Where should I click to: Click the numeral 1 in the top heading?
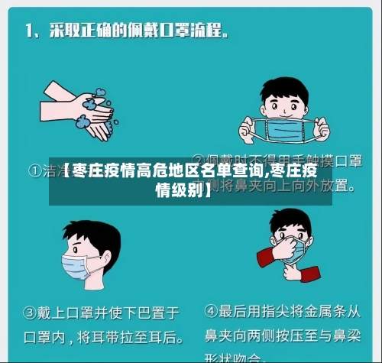[x=28, y=31]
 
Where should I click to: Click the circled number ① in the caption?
[x=36, y=170]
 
